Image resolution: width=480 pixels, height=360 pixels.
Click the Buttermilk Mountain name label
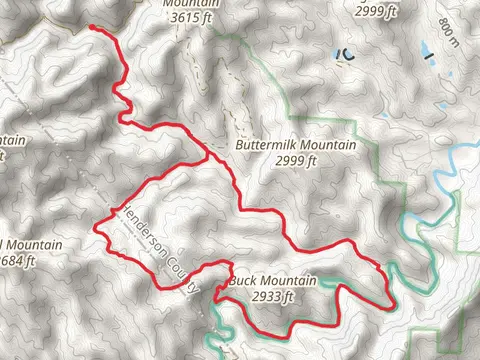(x=295, y=145)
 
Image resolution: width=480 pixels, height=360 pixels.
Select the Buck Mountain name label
(x=265, y=282)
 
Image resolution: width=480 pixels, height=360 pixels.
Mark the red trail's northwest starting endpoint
(x=92, y=28)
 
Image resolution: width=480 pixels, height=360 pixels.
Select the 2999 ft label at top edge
(x=376, y=11)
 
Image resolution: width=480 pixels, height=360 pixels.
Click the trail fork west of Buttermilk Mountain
(x=209, y=157)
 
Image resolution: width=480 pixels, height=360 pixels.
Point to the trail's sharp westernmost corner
(x=96, y=229)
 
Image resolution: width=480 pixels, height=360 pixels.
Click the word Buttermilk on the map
(x=265, y=145)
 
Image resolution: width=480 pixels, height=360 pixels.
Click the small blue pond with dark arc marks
(x=346, y=53)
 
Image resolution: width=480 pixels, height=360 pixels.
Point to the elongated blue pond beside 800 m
(x=423, y=49)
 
